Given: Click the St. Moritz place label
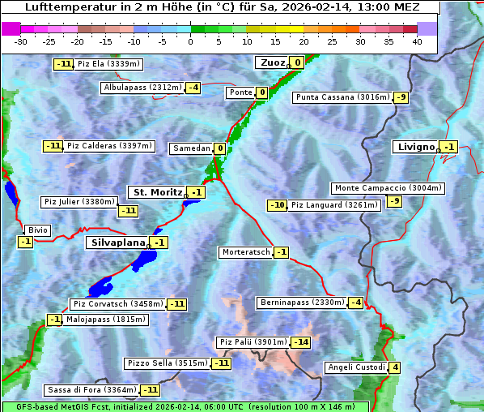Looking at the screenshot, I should coord(157,192).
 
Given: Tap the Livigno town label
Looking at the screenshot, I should coord(416,147).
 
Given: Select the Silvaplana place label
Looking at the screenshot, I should coord(117,242).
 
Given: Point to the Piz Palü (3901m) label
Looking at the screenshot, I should coord(253,342).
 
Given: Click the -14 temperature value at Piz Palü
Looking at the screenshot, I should coord(301,342).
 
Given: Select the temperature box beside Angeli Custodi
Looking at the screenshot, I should coord(394,367).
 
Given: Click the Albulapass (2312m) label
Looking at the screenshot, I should coord(142,88).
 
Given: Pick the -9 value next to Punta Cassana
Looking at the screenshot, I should coord(401,97).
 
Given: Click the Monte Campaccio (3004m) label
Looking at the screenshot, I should coord(388,188).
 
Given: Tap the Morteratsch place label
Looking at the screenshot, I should coord(245,252).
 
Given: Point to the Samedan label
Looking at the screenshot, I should coord(191,148).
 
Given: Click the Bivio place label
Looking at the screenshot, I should coord(38,230).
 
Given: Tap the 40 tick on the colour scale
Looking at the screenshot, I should coord(417,41).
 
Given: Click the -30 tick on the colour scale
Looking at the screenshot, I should coord(22,41).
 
